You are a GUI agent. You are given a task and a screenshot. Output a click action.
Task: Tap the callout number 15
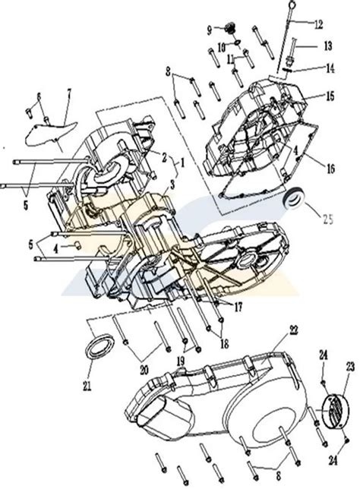330,97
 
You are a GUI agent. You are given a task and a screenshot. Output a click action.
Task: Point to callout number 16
330,162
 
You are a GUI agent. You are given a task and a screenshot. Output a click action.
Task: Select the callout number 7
68,93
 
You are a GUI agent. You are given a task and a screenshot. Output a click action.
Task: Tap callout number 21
86,386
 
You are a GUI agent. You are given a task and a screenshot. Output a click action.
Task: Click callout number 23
350,366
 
